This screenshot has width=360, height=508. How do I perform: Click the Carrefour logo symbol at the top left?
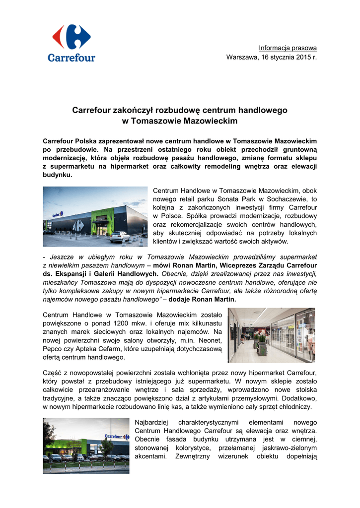72,37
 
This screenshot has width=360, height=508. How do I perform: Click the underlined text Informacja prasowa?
288,48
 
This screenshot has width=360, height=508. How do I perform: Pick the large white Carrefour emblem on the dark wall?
76,225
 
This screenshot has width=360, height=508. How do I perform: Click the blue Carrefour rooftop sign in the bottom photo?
115,437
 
